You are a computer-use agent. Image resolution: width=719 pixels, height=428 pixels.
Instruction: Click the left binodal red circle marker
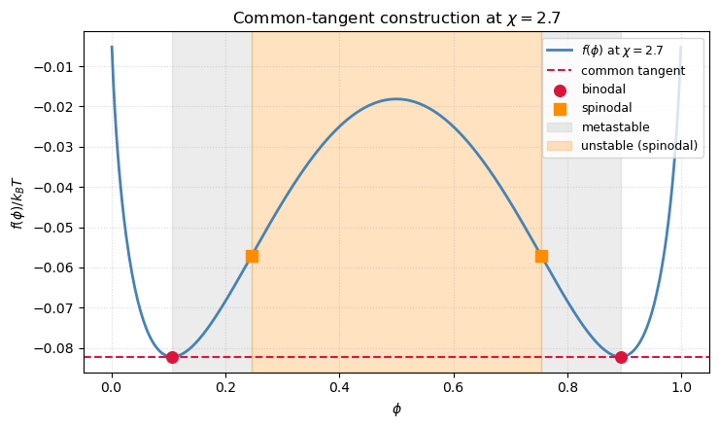(x=172, y=357)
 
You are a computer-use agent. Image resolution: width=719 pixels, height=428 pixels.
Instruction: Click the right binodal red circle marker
(x=621, y=357)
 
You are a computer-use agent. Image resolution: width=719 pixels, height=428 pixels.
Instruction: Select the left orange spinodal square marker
(x=252, y=256)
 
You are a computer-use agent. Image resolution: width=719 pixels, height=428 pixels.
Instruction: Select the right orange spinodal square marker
(x=541, y=256)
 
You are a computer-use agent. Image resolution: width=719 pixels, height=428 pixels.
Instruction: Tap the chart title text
(x=396, y=18)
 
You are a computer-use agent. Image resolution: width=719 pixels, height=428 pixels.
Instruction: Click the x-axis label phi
(x=396, y=410)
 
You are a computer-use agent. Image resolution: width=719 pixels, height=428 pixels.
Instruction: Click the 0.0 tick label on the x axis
(x=112, y=384)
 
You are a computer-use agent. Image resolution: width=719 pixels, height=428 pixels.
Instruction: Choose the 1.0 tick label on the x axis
(x=681, y=384)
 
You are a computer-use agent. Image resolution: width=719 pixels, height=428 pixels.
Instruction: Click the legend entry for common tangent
(x=633, y=70)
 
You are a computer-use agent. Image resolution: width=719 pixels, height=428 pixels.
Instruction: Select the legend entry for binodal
(x=603, y=89)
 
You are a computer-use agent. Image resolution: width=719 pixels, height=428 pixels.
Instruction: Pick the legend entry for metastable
(x=614, y=126)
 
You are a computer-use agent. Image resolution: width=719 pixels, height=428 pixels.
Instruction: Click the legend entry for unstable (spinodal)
(x=638, y=146)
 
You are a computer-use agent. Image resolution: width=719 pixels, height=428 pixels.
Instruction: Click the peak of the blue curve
(x=396, y=98)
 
